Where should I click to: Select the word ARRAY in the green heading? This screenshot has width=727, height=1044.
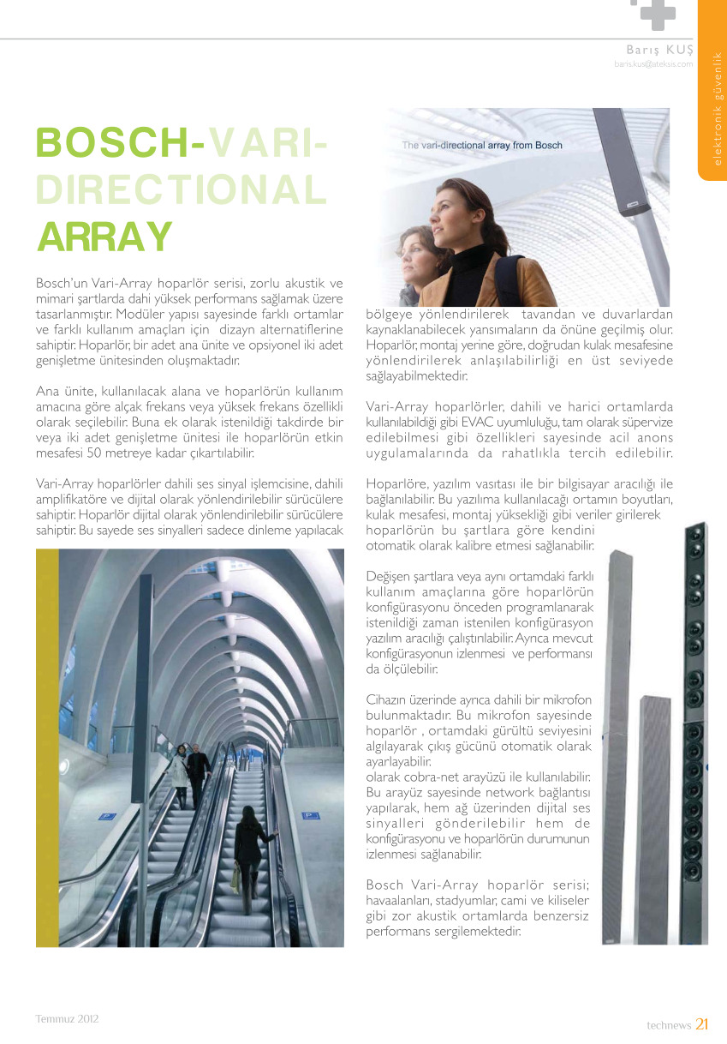(104, 236)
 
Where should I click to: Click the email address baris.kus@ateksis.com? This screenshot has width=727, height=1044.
(653, 63)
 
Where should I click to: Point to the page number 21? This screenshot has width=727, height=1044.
(702, 1023)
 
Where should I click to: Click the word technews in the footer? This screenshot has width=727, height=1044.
(668, 1024)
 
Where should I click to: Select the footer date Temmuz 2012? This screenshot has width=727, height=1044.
(67, 1019)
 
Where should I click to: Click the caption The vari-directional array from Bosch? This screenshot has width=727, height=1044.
(482, 146)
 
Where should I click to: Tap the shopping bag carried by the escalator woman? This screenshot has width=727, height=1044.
(235, 877)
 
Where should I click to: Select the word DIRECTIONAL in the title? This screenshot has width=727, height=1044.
(181, 189)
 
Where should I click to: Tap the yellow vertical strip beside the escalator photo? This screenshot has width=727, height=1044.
(47, 746)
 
